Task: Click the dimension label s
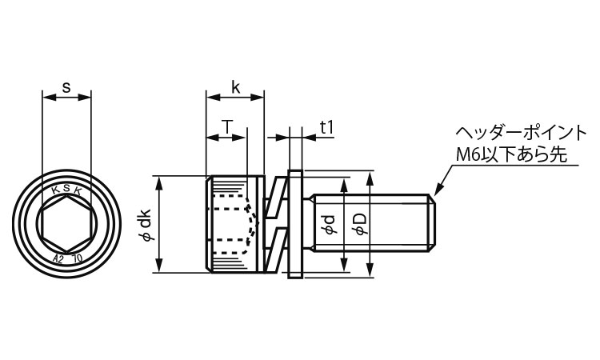(66, 88)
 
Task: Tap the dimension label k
(236, 88)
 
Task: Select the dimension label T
(227, 126)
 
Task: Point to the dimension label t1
(326, 127)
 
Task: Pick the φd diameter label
(330, 225)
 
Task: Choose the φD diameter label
(359, 224)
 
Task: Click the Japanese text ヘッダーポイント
(521, 133)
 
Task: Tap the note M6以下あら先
(511, 155)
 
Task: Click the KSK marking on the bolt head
(67, 189)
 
